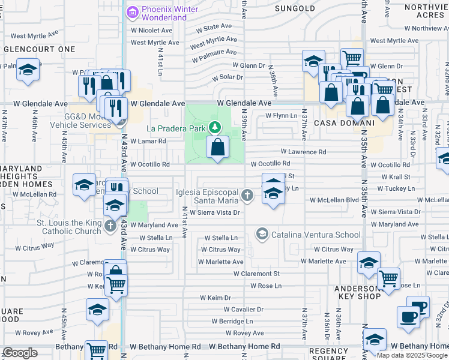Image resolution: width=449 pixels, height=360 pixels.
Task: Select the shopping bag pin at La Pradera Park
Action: pyautogui.click(x=217, y=147)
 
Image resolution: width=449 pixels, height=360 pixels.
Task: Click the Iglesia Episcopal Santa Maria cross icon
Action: pyautogui.click(x=247, y=195)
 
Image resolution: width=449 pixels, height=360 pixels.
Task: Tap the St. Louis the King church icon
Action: pyautogui.click(x=109, y=226)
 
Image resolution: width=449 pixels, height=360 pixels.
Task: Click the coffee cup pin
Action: pyautogui.click(x=409, y=317)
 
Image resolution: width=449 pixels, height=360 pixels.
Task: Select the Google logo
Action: pyautogui.click(x=20, y=353)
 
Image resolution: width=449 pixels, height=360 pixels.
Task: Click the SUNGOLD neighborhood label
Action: pyautogui.click(x=295, y=8)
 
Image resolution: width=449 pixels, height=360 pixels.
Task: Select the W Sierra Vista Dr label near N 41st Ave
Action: pyautogui.click(x=214, y=212)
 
